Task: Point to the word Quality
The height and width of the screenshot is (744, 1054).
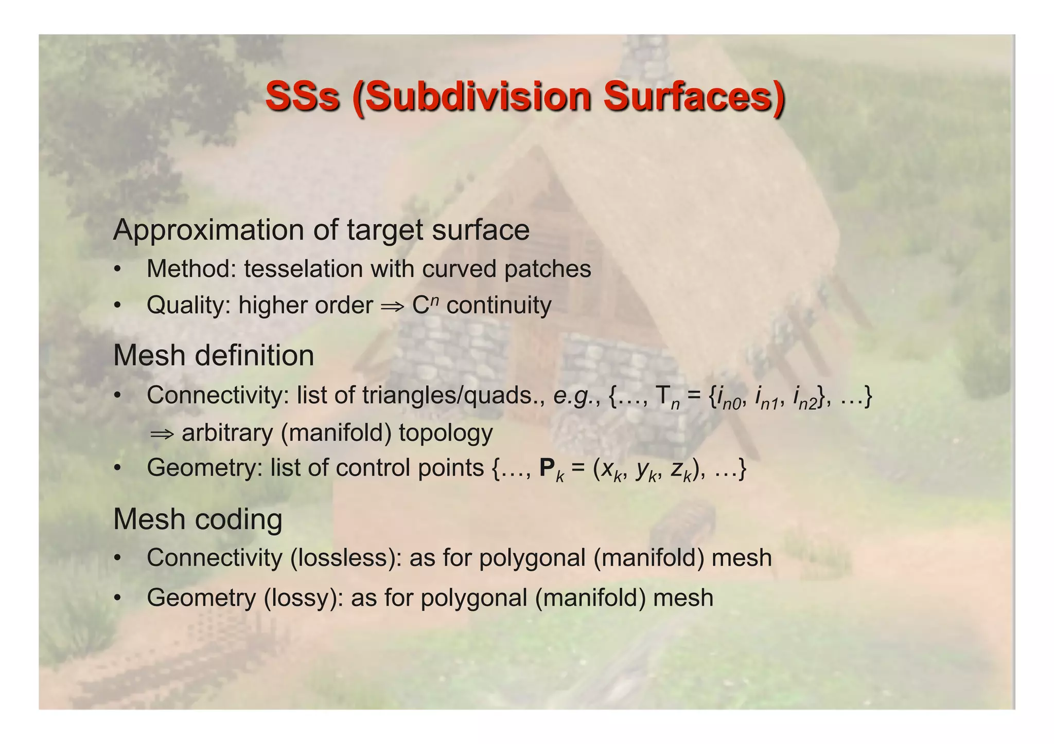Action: point(188,305)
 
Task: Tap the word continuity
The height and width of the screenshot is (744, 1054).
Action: point(499,305)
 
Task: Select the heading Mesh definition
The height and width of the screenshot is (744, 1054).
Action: point(214,355)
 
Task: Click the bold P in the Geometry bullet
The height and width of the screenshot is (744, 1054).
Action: point(547,468)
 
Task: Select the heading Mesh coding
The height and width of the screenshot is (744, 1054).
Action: point(198,519)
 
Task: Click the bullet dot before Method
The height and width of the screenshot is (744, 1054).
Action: point(118,269)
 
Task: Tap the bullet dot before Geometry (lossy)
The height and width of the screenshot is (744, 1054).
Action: point(118,598)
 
